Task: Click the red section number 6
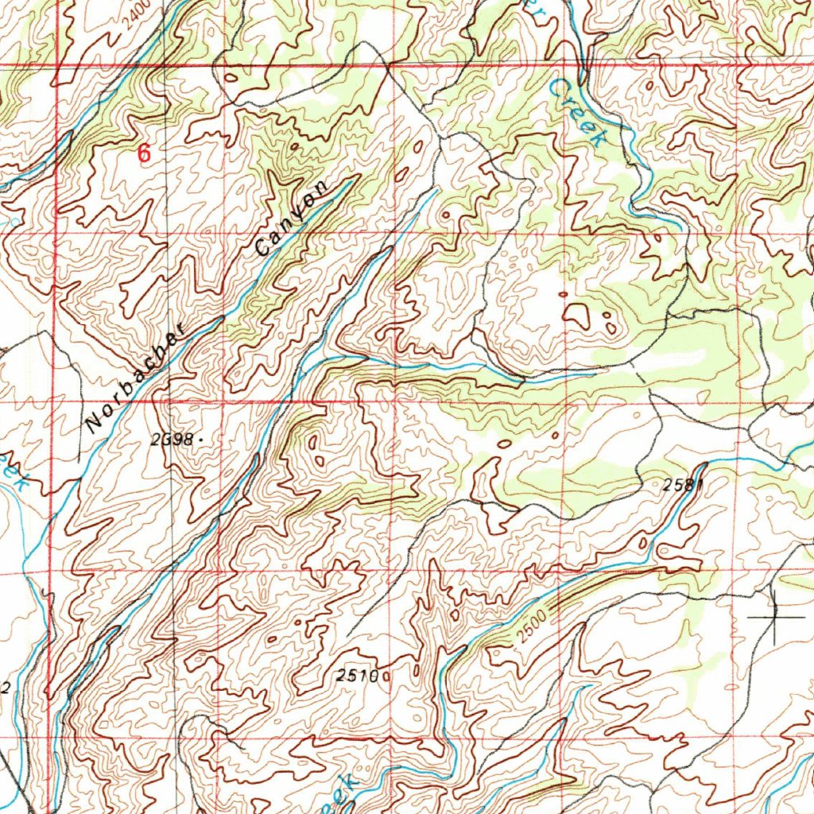point(144,153)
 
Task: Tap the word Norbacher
point(134,378)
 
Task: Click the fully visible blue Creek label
point(576,111)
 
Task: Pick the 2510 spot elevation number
point(355,676)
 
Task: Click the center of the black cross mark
point(776,616)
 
